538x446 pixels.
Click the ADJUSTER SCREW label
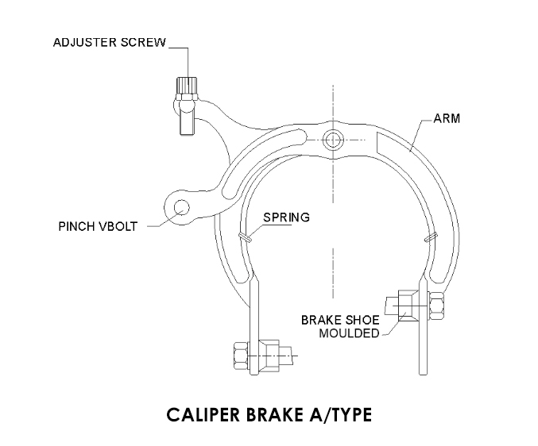pyautogui.click(x=109, y=42)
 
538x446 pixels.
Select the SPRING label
pyautogui.click(x=288, y=216)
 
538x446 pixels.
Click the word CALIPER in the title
pyautogui.click(x=205, y=414)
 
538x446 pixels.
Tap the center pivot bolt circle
pyautogui.click(x=332, y=140)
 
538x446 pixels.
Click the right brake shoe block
pyautogui.click(x=398, y=306)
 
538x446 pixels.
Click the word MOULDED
pyautogui.click(x=349, y=333)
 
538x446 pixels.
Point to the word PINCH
pyautogui.click(x=78, y=226)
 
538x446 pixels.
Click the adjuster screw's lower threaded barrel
pyautogui.click(x=187, y=120)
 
